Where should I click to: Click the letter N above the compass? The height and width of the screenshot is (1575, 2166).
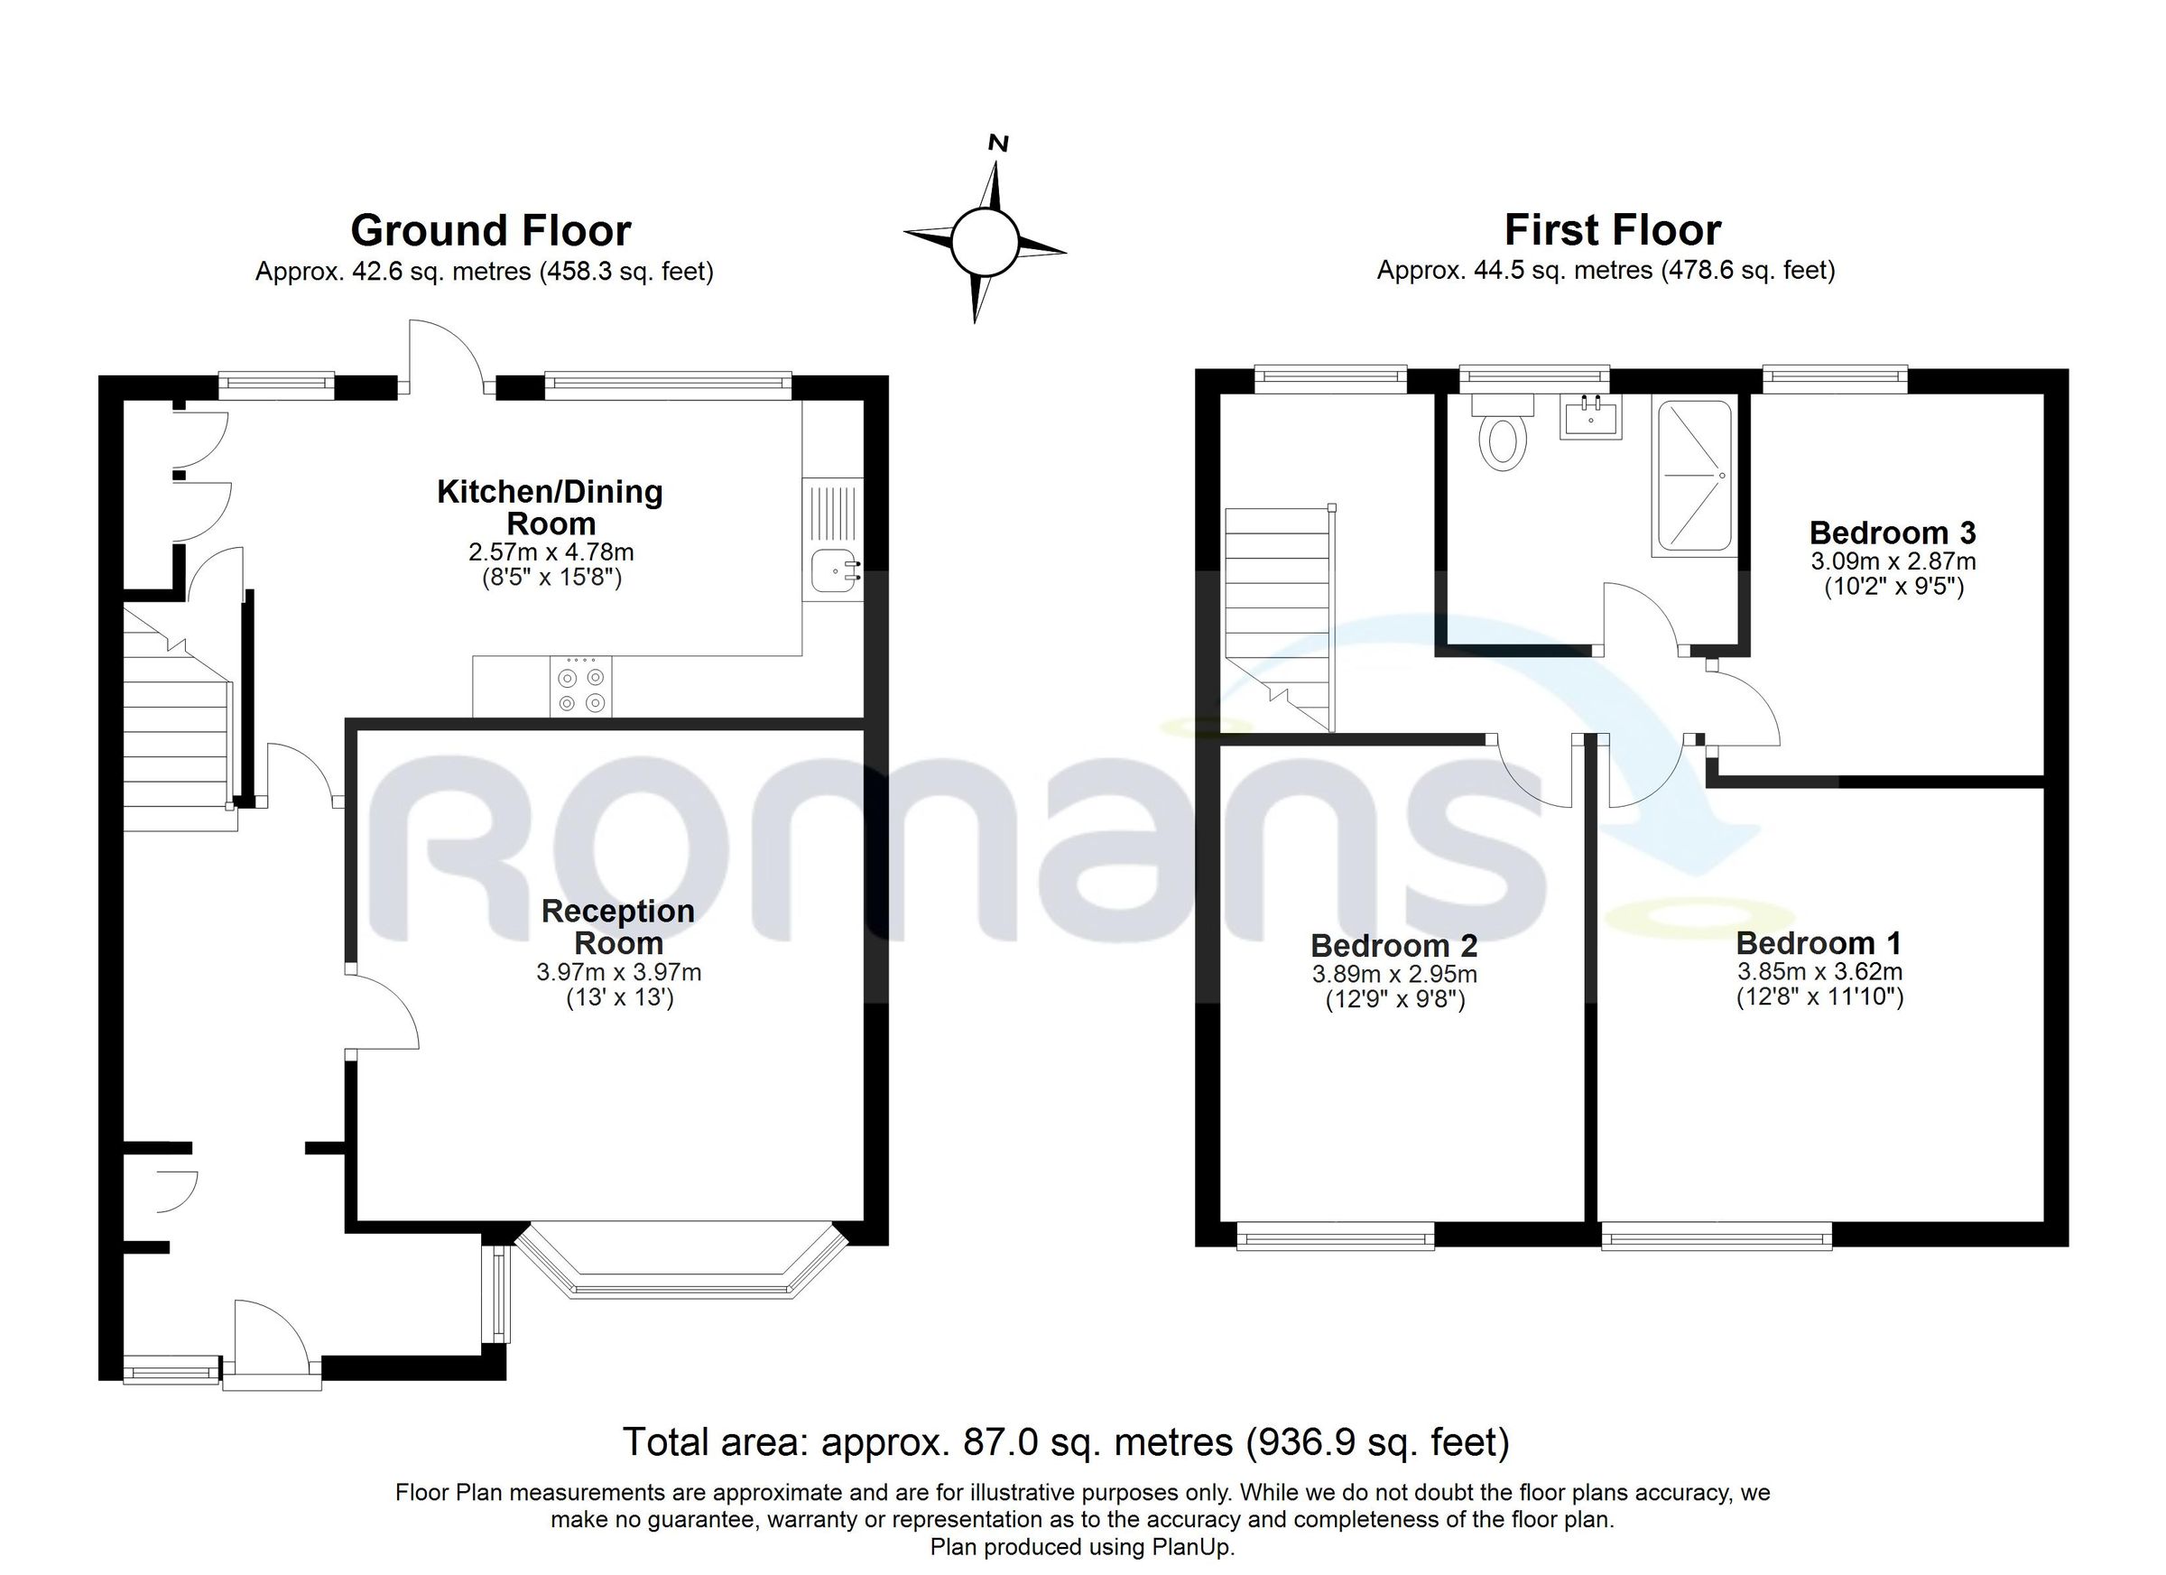pos(998,144)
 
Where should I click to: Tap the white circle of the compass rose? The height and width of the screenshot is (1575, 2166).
pos(985,242)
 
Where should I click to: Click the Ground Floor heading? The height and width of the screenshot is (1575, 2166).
pos(491,230)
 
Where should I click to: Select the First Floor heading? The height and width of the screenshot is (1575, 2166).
pos(1612,230)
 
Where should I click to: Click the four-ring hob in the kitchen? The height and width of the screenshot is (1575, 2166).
pos(581,688)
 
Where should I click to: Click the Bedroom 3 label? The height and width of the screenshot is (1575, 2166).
pos(1892,532)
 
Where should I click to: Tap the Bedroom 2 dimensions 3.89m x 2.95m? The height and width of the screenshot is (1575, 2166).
pos(1394,974)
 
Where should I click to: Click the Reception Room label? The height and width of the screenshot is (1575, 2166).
pos(618,926)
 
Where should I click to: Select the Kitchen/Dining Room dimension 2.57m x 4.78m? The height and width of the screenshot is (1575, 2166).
pos(551,552)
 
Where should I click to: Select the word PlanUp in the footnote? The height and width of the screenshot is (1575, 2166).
pos(1192,1546)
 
